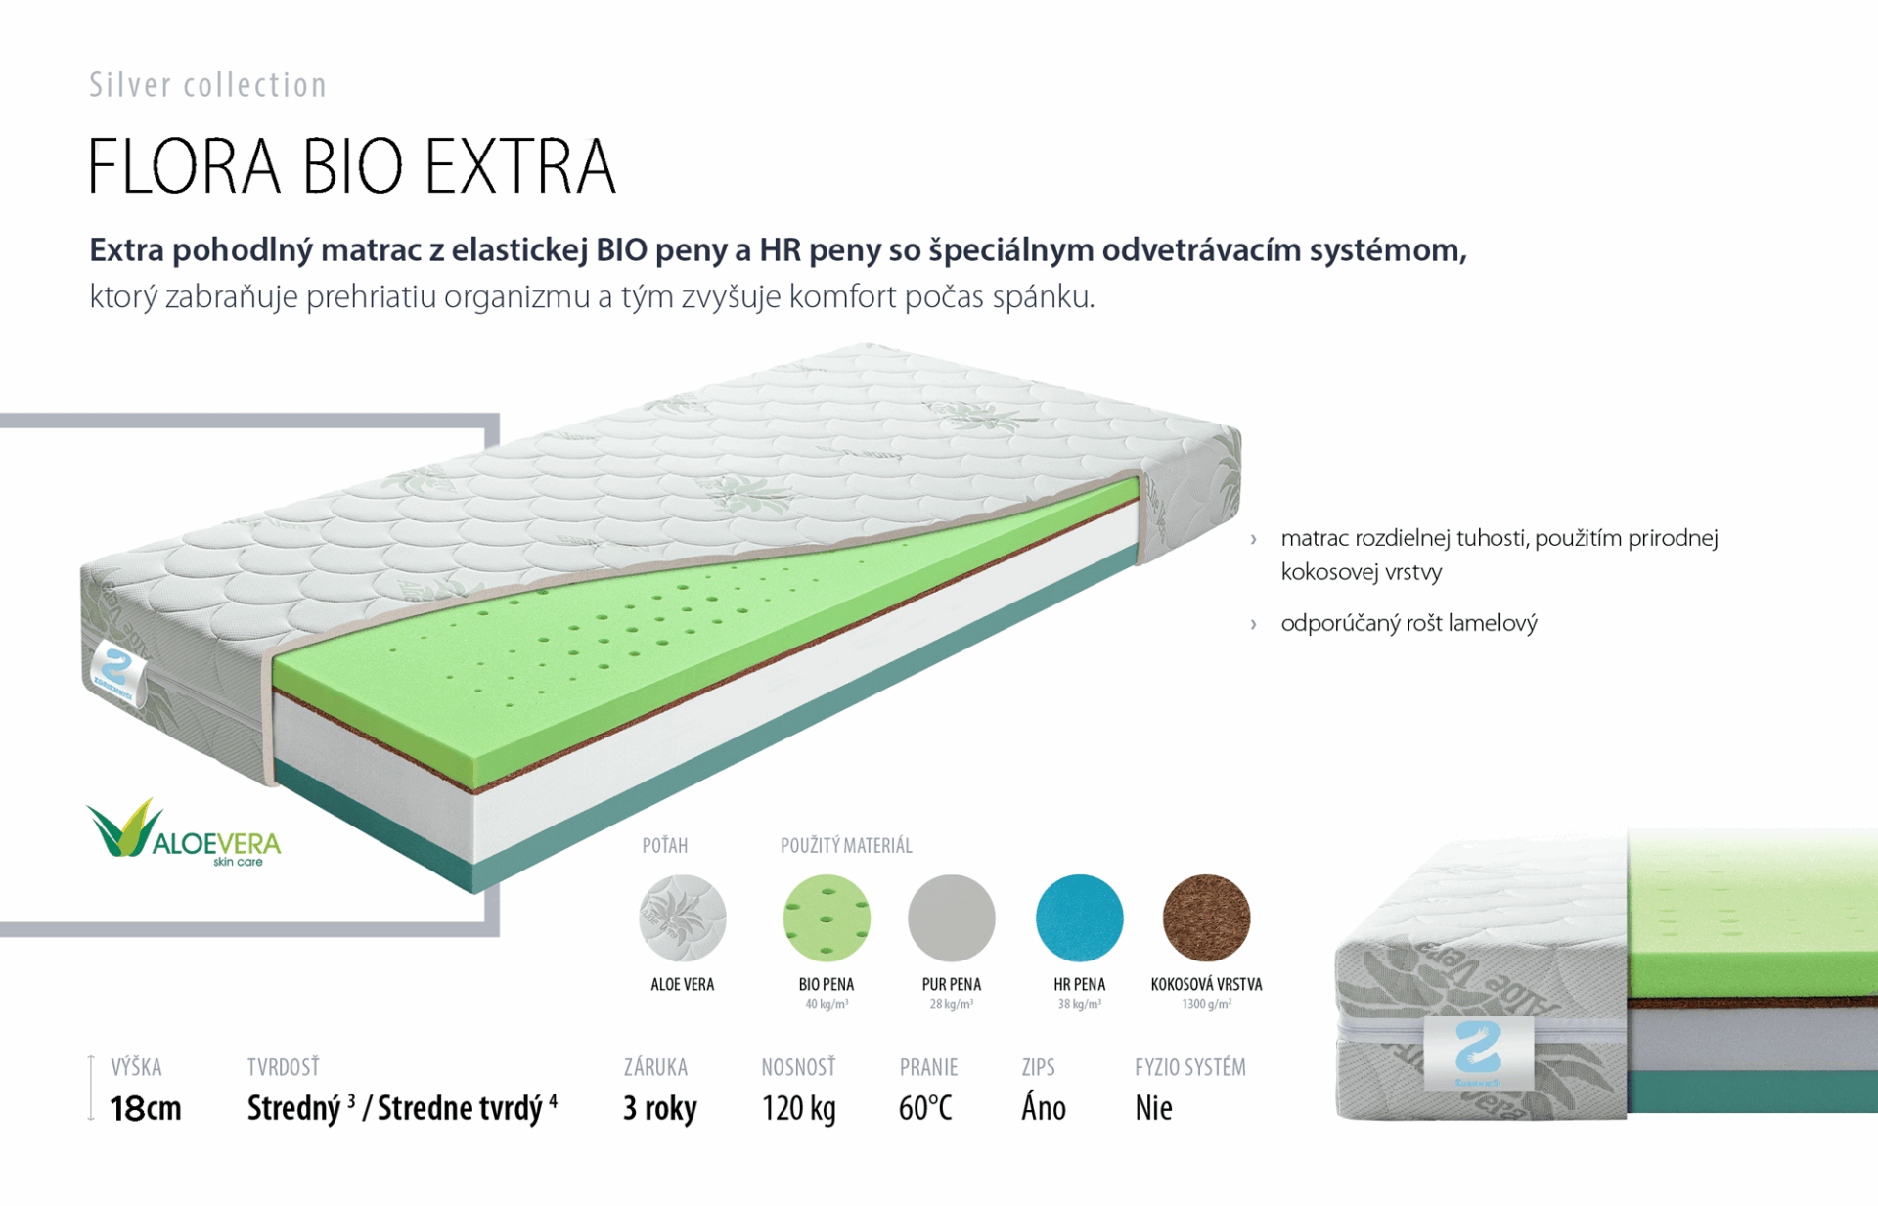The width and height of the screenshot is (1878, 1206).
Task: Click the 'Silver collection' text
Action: [207, 85]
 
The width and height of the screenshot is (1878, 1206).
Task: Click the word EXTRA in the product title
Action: [520, 166]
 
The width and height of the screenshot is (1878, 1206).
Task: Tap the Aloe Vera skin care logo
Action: [184, 832]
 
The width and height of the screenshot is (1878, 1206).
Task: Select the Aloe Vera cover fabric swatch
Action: [683, 918]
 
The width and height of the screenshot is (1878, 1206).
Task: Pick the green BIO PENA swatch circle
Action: [827, 918]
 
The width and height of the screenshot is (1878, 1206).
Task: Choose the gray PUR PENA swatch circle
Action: [952, 918]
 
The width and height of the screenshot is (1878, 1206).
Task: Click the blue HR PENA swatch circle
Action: [1079, 918]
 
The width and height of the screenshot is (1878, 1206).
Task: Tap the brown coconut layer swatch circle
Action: [1206, 918]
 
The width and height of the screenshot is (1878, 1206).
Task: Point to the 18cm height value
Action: [146, 1108]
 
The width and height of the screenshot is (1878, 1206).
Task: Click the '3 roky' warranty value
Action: [660, 1108]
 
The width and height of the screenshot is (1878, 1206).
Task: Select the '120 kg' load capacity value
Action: [799, 1108]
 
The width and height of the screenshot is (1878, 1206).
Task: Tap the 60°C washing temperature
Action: [925, 1108]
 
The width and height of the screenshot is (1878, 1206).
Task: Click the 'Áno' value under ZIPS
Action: [1044, 1107]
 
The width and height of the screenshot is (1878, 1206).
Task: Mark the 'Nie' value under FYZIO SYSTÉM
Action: [1153, 1108]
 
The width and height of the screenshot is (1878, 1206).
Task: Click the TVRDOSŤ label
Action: [283, 1066]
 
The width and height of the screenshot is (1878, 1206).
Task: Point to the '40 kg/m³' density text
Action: [827, 1005]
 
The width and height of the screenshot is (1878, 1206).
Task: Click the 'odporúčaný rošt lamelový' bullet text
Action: [1408, 623]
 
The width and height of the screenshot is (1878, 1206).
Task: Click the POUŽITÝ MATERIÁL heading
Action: [846, 845]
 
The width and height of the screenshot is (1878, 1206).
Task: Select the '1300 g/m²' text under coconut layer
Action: [1206, 1005]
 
